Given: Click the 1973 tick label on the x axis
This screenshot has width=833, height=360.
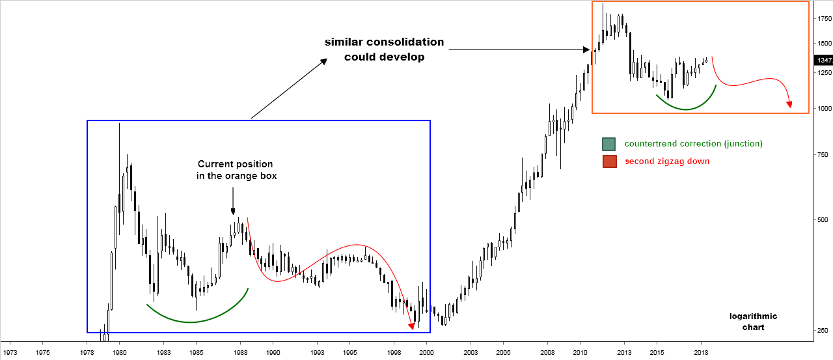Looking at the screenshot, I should pyautogui.click(x=10, y=352).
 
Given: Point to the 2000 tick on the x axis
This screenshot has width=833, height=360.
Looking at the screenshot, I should pyautogui.click(x=426, y=352).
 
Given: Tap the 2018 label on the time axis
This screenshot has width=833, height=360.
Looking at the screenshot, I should pyautogui.click(x=701, y=352).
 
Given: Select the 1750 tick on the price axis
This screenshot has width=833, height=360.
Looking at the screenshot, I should pyautogui.click(x=824, y=19).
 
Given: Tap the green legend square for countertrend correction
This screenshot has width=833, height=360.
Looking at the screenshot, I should pyautogui.click(x=608, y=144).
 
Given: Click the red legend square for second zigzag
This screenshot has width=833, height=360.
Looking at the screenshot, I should pyautogui.click(x=608, y=161).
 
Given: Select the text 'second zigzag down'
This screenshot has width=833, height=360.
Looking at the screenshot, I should pyautogui.click(x=666, y=161).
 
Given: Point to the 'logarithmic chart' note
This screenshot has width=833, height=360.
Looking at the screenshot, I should pyautogui.click(x=753, y=322).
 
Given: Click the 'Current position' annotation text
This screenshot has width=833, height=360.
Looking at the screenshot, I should pyautogui.click(x=236, y=164).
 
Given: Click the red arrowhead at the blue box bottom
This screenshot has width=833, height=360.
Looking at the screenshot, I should pyautogui.click(x=411, y=325).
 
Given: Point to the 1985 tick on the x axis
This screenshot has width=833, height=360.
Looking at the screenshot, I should pyautogui.click(x=195, y=352).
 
